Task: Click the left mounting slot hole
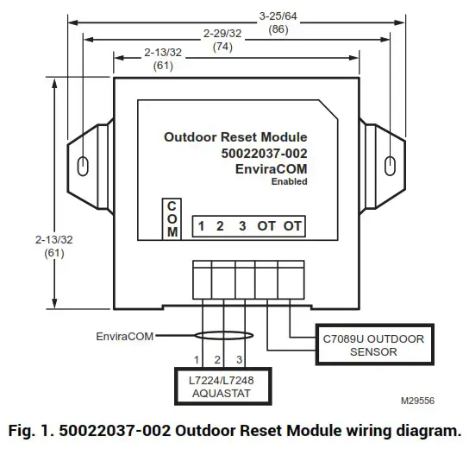click(x=82, y=165)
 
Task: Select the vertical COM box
click(x=172, y=220)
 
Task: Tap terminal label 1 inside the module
click(x=200, y=226)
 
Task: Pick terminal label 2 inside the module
click(x=221, y=226)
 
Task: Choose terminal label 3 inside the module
click(x=242, y=226)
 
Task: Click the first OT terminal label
click(x=266, y=226)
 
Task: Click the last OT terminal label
click(x=293, y=226)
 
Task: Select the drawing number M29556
click(x=418, y=401)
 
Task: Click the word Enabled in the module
click(x=289, y=181)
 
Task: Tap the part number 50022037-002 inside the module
click(x=264, y=153)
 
